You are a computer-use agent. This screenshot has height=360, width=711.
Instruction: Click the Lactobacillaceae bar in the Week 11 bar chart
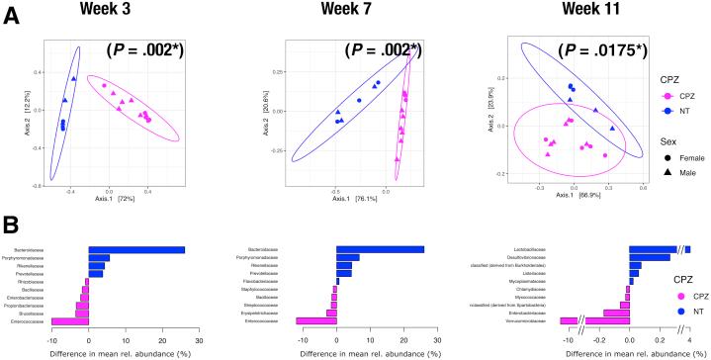(659, 249)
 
